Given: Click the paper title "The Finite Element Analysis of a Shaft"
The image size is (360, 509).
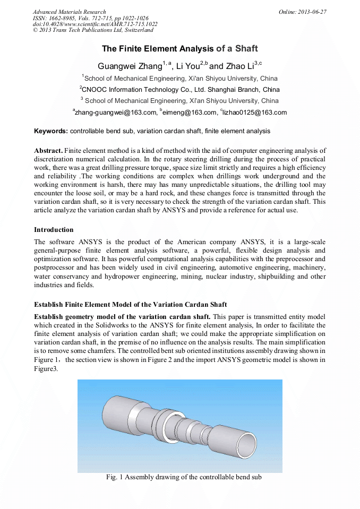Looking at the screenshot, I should pos(179,49).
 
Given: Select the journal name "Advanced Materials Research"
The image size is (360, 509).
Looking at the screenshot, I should pos(69,12).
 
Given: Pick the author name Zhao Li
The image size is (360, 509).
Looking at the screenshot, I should pos(239,66).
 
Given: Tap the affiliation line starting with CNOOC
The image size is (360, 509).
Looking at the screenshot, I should pos(179,90).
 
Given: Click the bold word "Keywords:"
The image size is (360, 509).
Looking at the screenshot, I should pos(51,131).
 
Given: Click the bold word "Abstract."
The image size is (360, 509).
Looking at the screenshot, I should pos(48,151).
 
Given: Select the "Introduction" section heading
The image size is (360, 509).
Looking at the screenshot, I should pos(54,230).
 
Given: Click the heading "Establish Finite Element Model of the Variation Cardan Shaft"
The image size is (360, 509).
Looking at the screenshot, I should pos(130,305).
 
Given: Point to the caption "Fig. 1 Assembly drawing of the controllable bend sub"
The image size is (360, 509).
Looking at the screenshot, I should pos(184,477).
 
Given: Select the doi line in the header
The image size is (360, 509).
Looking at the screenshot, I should pos(95,24).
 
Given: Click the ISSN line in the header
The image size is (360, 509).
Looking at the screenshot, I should pos(90,18).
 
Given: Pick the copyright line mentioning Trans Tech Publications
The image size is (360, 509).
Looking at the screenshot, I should pos(93,31).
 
